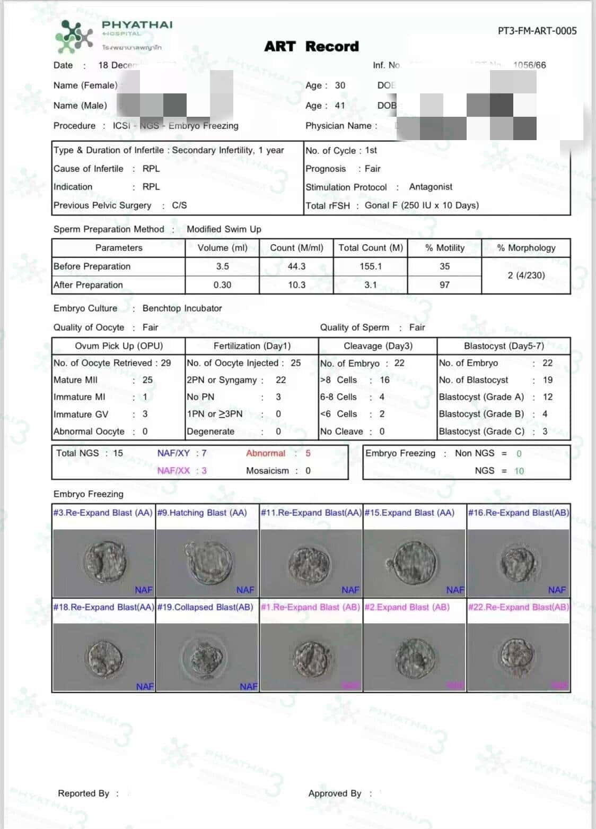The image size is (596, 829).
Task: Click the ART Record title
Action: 311,47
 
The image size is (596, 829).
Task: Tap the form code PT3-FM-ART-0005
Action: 537,31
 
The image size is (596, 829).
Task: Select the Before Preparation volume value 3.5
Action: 223,266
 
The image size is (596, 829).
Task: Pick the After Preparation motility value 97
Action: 444,285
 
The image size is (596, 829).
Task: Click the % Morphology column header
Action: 526,248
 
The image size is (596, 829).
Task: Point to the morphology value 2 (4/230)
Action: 526,275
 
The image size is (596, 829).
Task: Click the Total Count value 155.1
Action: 371,266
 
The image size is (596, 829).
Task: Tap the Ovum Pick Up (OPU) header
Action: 119,346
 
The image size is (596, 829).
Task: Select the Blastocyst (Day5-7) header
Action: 504,346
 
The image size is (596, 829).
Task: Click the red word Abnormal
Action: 266,453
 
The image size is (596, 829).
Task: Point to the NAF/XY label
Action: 173,453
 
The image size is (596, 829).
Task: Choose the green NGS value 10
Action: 519,471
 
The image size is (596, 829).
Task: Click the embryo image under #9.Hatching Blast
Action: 208,563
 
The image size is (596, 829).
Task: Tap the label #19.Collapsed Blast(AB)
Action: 205,607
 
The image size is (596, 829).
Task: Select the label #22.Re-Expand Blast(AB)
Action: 518,607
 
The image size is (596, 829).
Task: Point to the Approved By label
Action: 335,793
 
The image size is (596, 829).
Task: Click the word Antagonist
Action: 431,187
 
